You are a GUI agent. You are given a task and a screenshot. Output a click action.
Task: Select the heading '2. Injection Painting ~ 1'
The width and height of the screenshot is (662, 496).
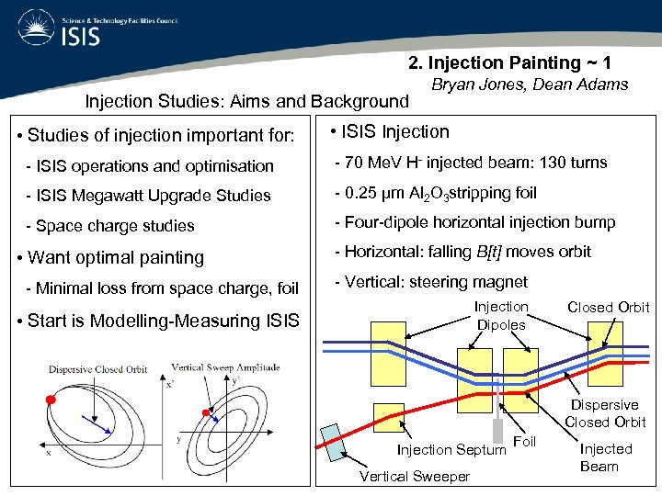tap(510, 62)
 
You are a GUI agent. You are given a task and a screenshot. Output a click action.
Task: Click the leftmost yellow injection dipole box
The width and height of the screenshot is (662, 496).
tap(392, 353)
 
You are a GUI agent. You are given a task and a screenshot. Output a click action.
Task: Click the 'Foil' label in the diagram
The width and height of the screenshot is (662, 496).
tap(524, 443)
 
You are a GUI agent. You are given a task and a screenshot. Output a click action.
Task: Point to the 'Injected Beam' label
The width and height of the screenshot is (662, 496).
tap(606, 457)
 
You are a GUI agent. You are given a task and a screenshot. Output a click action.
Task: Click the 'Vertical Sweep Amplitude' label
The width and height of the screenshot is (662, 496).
tap(225, 367)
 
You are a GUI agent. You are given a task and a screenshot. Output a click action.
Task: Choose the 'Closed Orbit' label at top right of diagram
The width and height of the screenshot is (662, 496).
tap(608, 308)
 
